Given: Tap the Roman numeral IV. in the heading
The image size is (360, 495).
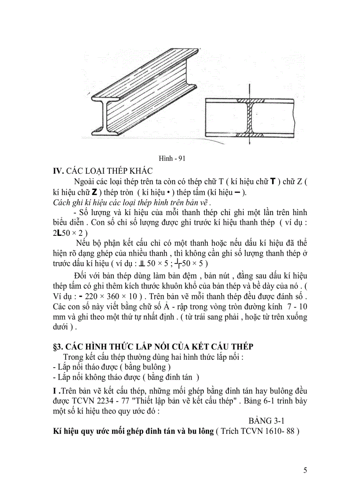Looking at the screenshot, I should tap(59, 171).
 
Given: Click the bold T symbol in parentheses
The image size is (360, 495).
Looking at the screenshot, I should tap(273, 182).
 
